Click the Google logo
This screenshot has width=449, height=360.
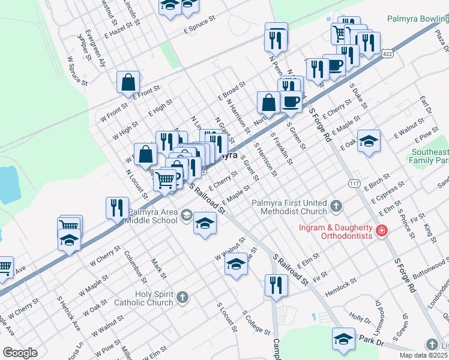click(20, 353)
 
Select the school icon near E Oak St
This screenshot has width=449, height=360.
click(369, 141)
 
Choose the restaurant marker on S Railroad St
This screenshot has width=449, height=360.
click(276, 285)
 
